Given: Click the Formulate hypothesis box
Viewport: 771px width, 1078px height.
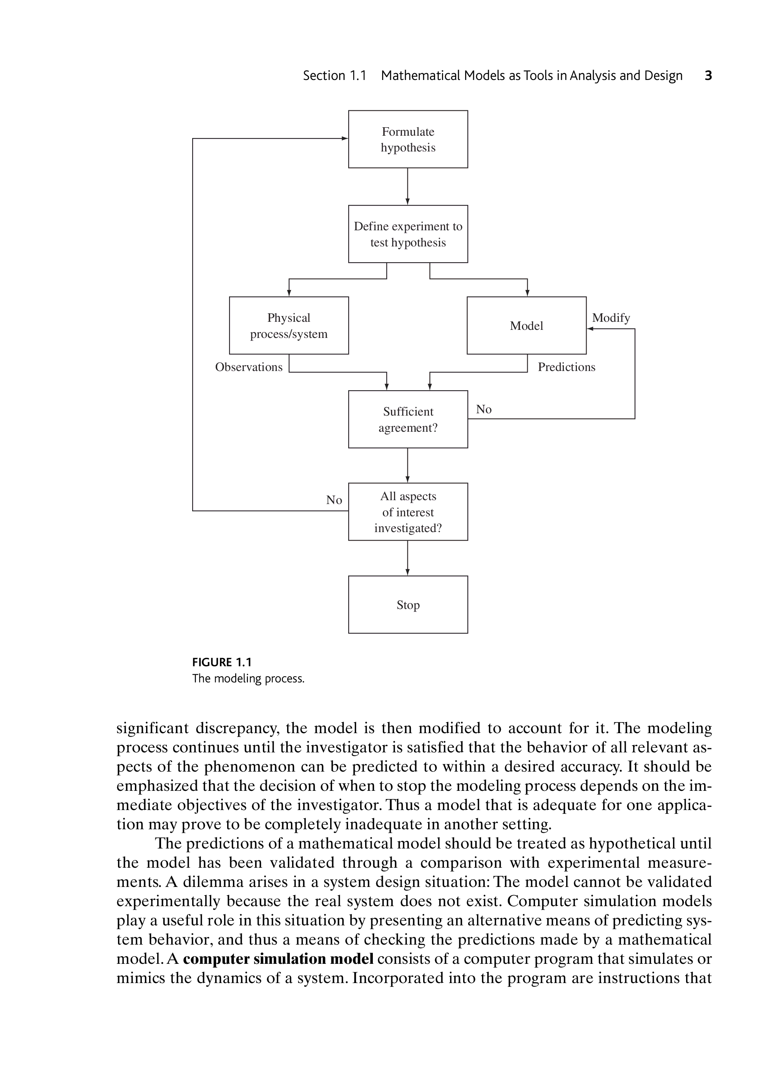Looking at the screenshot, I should coord(408,139).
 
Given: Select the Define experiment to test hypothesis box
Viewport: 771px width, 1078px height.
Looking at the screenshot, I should coord(408,234).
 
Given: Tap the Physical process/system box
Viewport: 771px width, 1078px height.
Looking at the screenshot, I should coord(289,325).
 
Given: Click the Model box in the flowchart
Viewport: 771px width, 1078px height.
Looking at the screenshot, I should coord(526,325).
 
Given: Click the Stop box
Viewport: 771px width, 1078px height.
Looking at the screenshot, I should coord(408,604).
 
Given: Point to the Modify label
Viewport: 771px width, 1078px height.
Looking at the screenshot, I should coord(611,318).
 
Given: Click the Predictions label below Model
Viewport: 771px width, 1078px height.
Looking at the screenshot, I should coord(567,367).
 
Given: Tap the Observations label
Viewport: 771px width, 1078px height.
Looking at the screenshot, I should coord(249,367).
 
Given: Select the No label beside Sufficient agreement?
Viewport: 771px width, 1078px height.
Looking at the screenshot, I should coord(484,409).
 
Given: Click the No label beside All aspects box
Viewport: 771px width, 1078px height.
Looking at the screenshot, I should coord(334,500).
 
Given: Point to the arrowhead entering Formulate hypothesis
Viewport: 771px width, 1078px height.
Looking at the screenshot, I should coord(345,139).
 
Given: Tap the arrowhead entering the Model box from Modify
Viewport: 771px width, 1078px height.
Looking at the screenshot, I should coord(590,329).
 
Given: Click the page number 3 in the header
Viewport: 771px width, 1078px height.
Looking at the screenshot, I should coord(708,76).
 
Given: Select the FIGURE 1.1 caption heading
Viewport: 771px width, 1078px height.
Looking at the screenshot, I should coord(222,662).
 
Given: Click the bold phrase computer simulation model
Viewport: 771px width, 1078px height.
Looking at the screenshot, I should coord(278,959).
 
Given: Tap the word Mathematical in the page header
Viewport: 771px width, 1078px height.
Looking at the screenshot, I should coord(420,76).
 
